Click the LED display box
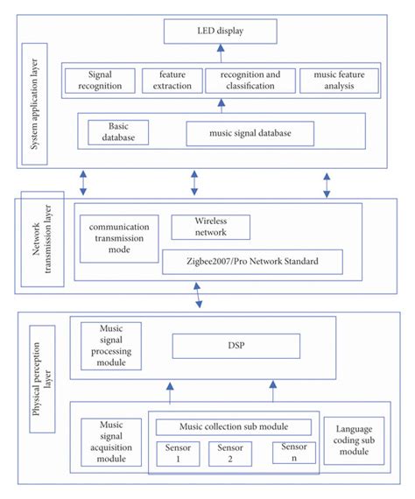220,33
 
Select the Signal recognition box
101,81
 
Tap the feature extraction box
172,81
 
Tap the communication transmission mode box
120,238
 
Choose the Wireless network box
210,227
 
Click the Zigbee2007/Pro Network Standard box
252,260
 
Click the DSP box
252,346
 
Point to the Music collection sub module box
234,426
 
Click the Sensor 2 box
230,453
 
